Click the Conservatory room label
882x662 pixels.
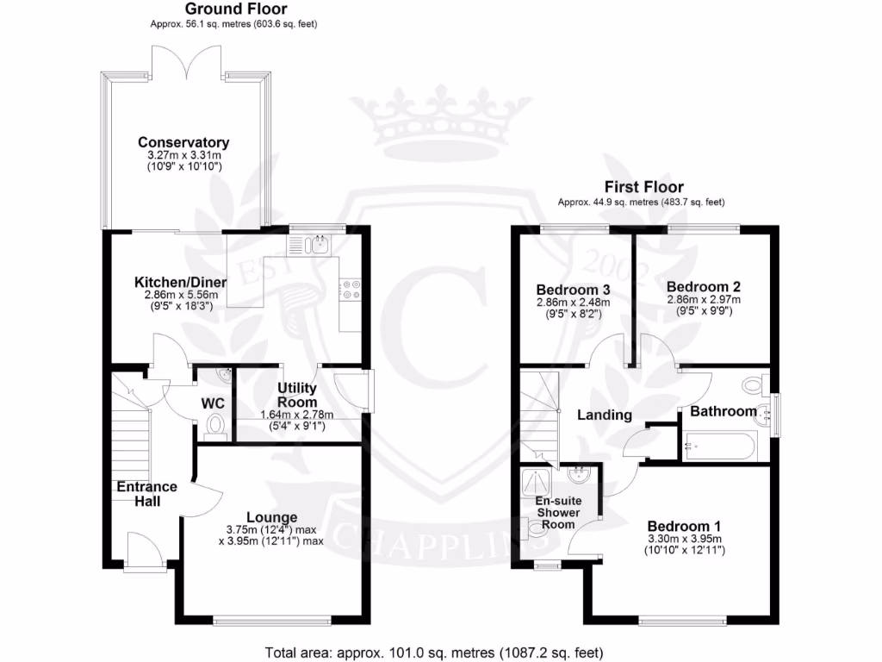pos(183,142)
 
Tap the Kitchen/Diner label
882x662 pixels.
pos(181,282)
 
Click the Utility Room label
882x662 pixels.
pos(297,395)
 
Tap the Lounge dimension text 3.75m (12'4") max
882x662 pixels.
pos(271,530)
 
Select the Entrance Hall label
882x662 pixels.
pos(146,494)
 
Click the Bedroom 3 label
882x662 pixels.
pos(573,290)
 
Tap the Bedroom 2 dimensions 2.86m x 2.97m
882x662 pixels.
pos(704,299)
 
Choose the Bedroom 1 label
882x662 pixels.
pos(684,527)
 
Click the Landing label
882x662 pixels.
pos(605,415)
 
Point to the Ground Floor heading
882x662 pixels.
pos(236,9)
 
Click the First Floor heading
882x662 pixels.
pos(644,187)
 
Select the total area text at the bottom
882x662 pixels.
pos(434,653)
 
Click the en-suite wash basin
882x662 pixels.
pos(578,474)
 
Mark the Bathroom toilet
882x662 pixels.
pos(753,385)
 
